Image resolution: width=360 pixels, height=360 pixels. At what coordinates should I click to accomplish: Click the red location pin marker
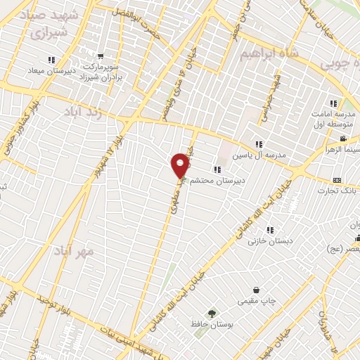pyautogui.click(x=181, y=165)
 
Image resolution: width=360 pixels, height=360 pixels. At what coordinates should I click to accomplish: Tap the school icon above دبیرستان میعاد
pyautogui.click(x=50, y=60)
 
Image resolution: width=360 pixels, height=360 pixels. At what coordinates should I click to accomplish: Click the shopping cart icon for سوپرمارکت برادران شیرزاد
pyautogui.click(x=101, y=56)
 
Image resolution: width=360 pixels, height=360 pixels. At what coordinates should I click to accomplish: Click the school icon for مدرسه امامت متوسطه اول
pyautogui.click(x=333, y=103)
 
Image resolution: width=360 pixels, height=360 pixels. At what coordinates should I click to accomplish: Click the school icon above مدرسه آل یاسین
pyautogui.click(x=259, y=144)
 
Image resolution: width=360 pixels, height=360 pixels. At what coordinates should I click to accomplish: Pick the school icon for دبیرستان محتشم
pyautogui.click(x=216, y=169)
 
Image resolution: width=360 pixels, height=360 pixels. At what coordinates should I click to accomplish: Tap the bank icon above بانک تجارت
pyautogui.click(x=336, y=180)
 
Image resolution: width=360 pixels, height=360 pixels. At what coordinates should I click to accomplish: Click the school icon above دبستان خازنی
pyautogui.click(x=270, y=230)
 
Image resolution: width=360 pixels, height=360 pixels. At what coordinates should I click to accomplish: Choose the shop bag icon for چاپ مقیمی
pyautogui.click(x=256, y=290)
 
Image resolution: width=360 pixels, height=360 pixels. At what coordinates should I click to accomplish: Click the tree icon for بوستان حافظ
pyautogui.click(x=210, y=313)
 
